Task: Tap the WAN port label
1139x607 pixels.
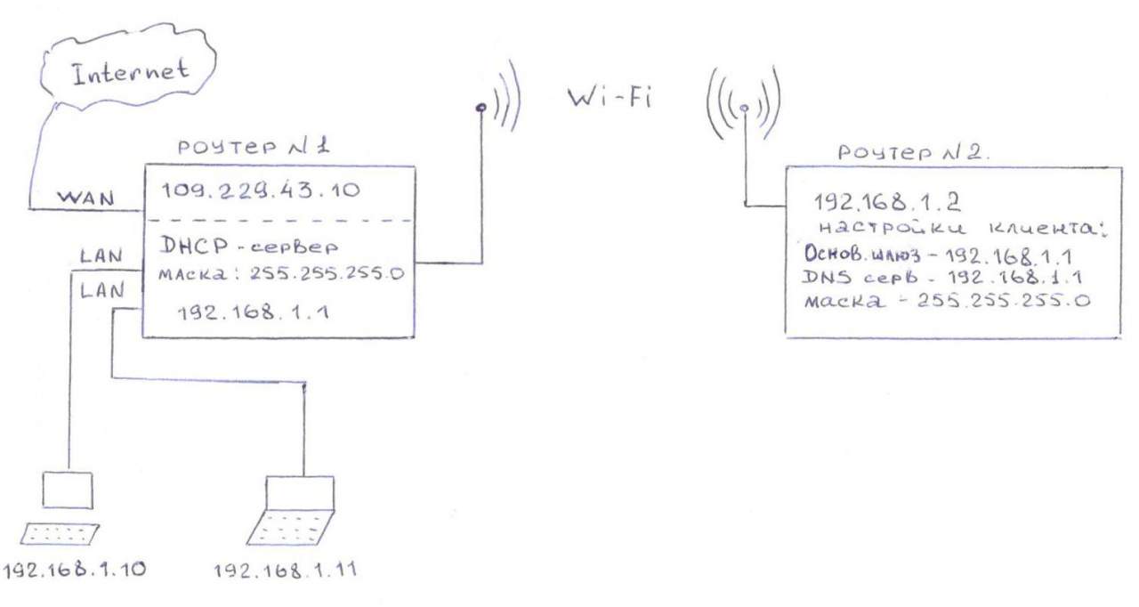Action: pos(86,198)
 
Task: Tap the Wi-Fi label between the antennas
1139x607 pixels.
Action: pos(610,97)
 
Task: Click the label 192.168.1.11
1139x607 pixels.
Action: pos(285,570)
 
